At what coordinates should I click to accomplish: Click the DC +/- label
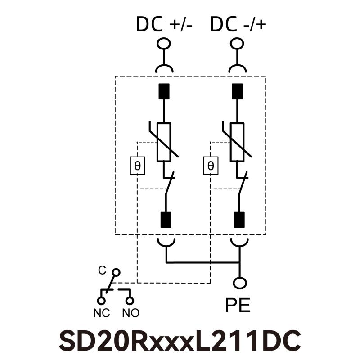click(x=164, y=24)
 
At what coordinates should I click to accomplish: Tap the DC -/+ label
click(x=238, y=24)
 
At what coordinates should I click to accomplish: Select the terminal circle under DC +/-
click(x=164, y=44)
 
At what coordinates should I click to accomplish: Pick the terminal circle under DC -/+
click(x=238, y=44)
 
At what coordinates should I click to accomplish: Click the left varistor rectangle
click(x=164, y=142)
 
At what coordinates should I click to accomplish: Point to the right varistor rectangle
click(x=237, y=142)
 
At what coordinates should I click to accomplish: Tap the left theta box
click(x=137, y=166)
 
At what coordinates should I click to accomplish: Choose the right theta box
click(x=211, y=166)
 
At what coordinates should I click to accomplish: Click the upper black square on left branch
click(x=164, y=91)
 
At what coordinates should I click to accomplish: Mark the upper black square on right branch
click(x=238, y=91)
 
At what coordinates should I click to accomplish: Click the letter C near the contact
click(x=102, y=270)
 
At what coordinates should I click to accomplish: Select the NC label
click(x=102, y=313)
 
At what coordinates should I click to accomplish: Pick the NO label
click(x=130, y=313)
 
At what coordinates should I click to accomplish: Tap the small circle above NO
click(x=130, y=300)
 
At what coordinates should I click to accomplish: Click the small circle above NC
click(x=102, y=300)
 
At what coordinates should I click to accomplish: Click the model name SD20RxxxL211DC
click(x=180, y=341)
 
